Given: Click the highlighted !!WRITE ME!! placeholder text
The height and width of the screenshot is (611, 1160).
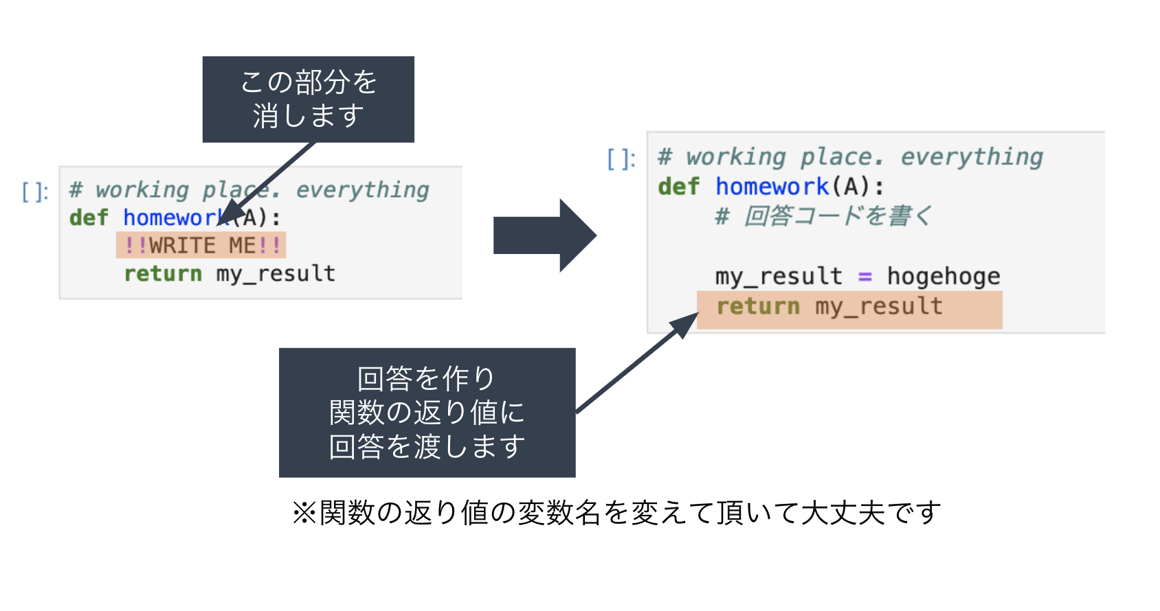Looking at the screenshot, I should point(201,245).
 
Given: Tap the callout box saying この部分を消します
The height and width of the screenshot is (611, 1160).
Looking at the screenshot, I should point(308,100).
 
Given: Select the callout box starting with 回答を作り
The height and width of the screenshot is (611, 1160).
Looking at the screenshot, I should point(427,413).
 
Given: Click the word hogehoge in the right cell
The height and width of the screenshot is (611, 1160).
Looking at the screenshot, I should point(943,276).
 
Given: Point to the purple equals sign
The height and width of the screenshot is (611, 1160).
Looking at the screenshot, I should point(865,277).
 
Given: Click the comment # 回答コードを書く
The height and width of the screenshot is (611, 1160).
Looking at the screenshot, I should point(823,216).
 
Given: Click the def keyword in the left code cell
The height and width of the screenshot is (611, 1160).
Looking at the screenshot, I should point(89,218).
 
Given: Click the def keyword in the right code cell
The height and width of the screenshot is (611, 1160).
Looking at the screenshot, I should point(678,186).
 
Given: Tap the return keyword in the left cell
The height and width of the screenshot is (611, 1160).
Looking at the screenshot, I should point(163,273).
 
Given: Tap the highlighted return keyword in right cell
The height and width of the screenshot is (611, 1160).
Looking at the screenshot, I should point(758,306).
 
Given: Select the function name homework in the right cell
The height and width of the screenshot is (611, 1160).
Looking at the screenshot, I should point(772,186).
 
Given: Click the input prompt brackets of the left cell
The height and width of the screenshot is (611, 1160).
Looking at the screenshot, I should point(35,192).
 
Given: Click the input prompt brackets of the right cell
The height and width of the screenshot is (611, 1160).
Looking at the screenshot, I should point(621,159).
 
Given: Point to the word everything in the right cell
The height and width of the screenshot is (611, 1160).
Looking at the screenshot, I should point(972,157).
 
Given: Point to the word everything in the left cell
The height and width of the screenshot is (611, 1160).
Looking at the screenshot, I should point(362,189).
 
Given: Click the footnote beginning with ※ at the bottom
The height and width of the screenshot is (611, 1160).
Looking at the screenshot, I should point(616,512).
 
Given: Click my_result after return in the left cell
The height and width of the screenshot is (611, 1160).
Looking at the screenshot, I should point(276,273).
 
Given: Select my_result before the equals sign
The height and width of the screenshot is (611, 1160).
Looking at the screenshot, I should point(778,276).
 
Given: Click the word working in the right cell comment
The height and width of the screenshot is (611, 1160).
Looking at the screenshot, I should point(735,157).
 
